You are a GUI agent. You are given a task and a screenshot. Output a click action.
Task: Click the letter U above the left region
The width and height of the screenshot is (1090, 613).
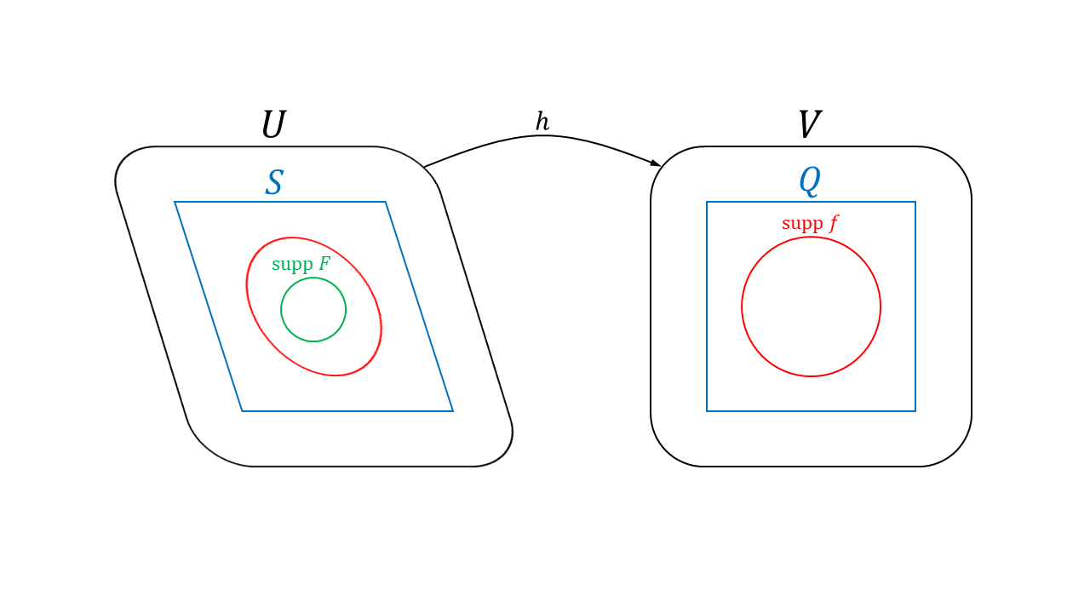pos(272,125)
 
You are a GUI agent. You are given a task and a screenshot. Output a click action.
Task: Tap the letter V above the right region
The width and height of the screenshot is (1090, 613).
pos(809,125)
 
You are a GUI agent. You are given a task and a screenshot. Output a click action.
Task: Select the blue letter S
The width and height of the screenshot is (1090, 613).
pos(273,183)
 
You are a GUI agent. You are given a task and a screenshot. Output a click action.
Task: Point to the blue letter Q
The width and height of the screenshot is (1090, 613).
pos(809,180)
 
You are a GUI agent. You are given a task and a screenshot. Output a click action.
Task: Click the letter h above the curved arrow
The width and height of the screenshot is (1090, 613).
pos(542,122)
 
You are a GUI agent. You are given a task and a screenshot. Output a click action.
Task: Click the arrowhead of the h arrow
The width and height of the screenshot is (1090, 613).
pos(656,163)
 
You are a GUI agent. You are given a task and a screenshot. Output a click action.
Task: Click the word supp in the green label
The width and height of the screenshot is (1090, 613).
pos(292,265)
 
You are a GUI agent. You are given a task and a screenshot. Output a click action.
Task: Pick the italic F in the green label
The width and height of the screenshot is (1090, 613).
pos(324,264)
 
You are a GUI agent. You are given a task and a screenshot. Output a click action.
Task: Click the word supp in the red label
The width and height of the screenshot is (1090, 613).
pos(802,224)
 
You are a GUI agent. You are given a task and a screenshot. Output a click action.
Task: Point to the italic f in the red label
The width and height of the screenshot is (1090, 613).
pos(834,224)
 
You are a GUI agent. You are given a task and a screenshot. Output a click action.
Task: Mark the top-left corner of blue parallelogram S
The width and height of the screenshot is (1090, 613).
pos(175,203)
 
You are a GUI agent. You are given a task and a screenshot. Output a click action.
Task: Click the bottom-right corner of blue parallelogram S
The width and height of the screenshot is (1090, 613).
pos(452,410)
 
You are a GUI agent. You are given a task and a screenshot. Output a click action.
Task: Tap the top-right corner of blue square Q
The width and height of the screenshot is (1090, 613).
pos(915,203)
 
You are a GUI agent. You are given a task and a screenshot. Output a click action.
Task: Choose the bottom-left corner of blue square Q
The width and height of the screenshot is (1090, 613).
pos(708,410)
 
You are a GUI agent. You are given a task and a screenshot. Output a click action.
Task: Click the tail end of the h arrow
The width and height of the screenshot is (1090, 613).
pos(425,166)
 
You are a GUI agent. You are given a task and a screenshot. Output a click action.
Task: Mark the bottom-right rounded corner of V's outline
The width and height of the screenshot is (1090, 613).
pos(955,450)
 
